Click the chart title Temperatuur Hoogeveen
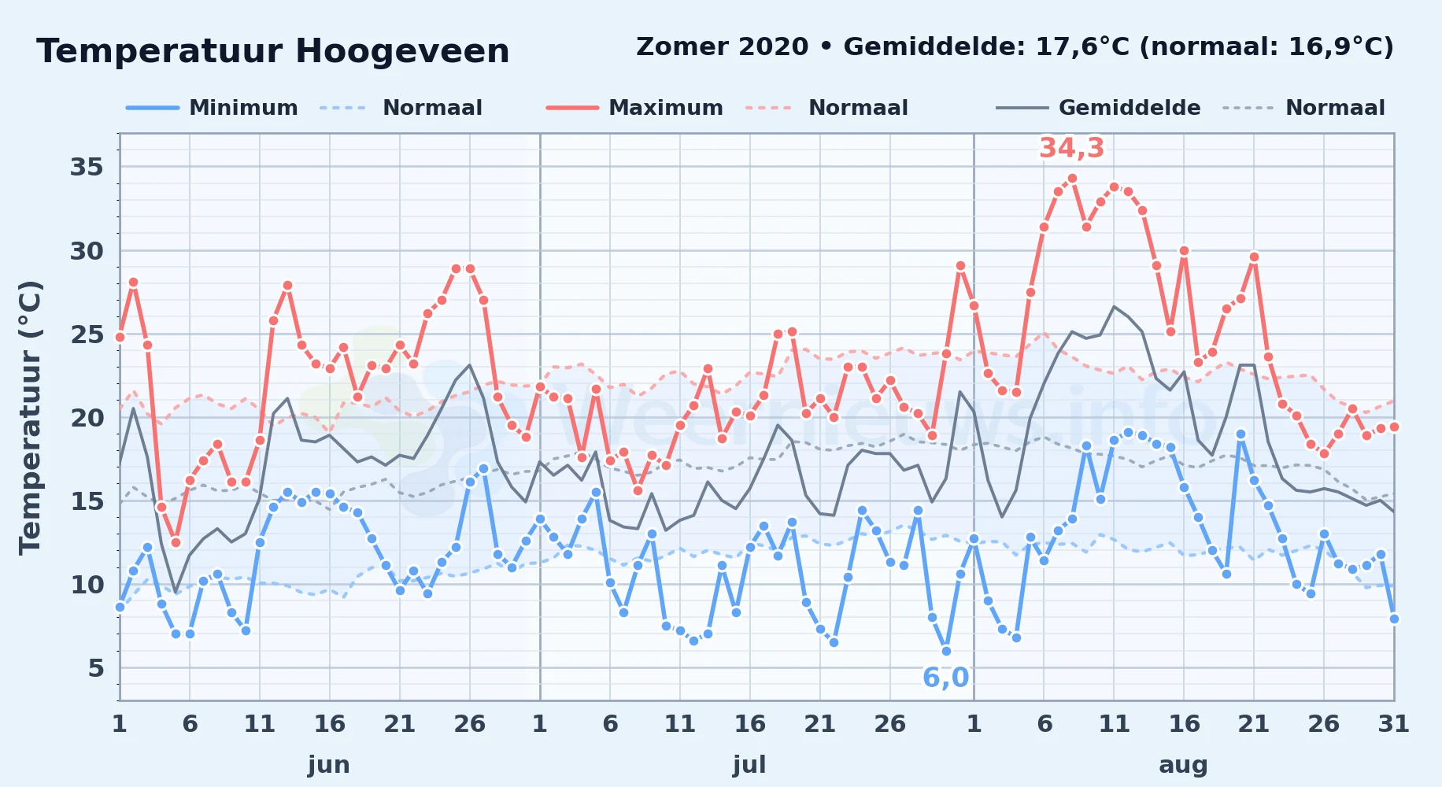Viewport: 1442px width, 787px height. (273, 51)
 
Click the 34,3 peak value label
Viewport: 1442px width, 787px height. (1072, 148)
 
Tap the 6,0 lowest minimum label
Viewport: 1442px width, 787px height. (945, 678)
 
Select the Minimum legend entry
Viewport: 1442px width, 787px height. (213, 108)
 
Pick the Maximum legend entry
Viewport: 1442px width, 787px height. (634, 108)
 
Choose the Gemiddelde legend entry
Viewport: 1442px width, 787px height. (1099, 108)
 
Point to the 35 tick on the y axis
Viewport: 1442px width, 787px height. (87, 167)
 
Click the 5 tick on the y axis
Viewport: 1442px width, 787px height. (96, 668)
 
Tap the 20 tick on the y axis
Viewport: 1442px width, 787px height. (87, 418)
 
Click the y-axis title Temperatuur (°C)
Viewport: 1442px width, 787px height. (30, 417)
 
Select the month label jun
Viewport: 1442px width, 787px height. (329, 765)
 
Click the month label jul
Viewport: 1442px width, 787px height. (749, 765)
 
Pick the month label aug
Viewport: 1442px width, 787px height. (1183, 765)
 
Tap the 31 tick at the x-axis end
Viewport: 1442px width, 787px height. (1393, 724)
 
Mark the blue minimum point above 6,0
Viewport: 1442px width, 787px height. (946, 651)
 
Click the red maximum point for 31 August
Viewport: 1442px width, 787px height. (1394, 427)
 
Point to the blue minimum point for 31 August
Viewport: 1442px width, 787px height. (1394, 619)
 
